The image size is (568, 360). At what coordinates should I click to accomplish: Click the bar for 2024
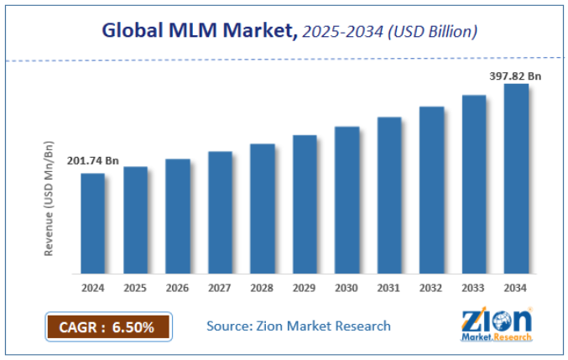coord(93,223)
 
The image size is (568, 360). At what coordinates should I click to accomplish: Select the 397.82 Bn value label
coord(515,76)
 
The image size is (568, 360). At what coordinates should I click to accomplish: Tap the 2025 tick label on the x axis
coord(135,289)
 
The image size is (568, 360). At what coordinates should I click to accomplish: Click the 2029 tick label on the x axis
coord(305,289)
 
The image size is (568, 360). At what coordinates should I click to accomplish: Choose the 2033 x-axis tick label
coord(473,289)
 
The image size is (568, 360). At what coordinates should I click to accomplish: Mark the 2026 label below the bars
coord(178,289)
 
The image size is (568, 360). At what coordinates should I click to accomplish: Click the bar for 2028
coord(263,209)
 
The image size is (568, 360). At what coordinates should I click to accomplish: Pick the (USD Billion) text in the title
coord(432,33)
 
